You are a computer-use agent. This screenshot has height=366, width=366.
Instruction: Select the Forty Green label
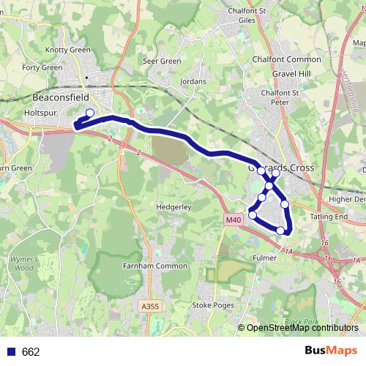42,68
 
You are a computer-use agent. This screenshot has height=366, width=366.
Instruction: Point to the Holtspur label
40,113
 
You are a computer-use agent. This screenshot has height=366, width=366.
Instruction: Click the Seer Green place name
162,61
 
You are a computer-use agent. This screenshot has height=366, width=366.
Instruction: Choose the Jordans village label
193,81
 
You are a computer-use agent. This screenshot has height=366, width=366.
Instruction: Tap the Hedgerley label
174,207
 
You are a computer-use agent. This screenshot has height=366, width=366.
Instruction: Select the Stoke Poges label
212,304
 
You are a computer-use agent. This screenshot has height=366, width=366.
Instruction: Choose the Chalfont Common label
286,59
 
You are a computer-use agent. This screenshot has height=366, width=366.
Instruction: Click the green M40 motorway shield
233,220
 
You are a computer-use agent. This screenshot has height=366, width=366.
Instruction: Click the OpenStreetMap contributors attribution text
302,329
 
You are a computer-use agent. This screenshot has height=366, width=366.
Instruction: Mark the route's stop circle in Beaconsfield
90,113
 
